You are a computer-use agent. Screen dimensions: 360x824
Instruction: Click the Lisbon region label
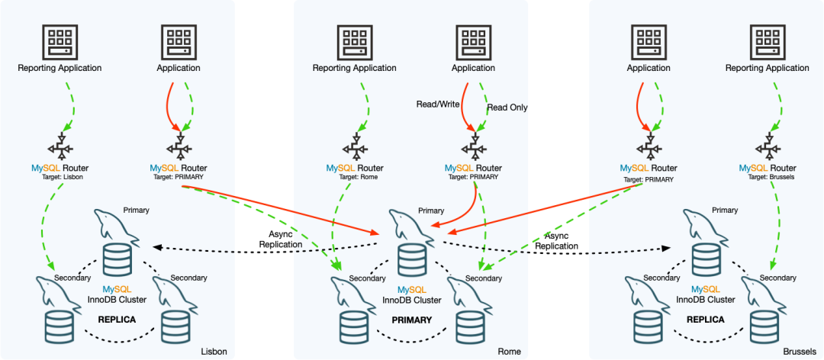[x=214, y=352]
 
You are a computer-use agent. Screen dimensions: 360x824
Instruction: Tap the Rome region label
[x=509, y=352]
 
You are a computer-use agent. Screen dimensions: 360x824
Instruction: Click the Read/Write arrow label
[x=437, y=104]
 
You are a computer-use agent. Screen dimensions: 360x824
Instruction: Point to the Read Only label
[x=507, y=108]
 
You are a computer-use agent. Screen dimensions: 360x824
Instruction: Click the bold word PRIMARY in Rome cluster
[x=412, y=320]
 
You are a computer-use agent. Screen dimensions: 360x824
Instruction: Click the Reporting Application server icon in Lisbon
[x=60, y=42]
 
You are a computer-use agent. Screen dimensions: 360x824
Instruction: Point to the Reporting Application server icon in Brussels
[x=767, y=42]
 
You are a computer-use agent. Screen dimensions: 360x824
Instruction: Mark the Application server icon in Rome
[x=473, y=42]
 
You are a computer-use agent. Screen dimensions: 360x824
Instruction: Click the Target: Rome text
[x=355, y=177]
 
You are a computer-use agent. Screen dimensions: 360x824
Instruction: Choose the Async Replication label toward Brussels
[x=556, y=241]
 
